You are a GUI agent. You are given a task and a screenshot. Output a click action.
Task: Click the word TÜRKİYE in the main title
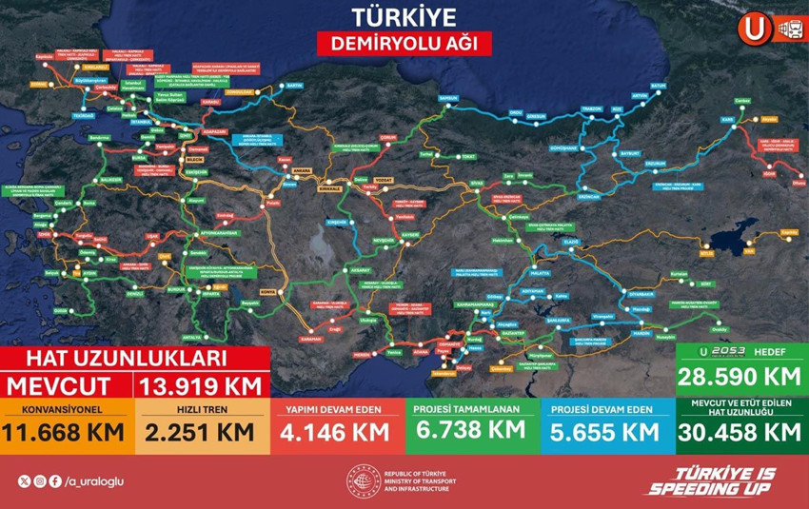pos(404,16)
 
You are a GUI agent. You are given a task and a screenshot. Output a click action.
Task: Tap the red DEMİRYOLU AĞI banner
pos(404,43)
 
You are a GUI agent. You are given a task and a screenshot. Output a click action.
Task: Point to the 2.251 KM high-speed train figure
pos(200,431)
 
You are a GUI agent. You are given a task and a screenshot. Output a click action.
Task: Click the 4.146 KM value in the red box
pos(337,431)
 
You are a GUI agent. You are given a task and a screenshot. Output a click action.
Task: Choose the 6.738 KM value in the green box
pos(471,429)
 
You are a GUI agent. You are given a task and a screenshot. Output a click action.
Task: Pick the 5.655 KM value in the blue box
pos(606,431)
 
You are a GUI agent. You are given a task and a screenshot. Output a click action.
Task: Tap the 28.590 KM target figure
pos(740,376)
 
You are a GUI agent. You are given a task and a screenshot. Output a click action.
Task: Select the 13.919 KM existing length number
pos(202,386)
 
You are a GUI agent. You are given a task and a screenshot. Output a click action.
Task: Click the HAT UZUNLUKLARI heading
pos(126,359)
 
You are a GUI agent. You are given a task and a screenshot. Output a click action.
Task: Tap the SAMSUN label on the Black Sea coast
pos(447,97)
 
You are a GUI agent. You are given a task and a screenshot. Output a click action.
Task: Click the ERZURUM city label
pos(656,163)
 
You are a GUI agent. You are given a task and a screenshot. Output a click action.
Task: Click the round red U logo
pos(754,29)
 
